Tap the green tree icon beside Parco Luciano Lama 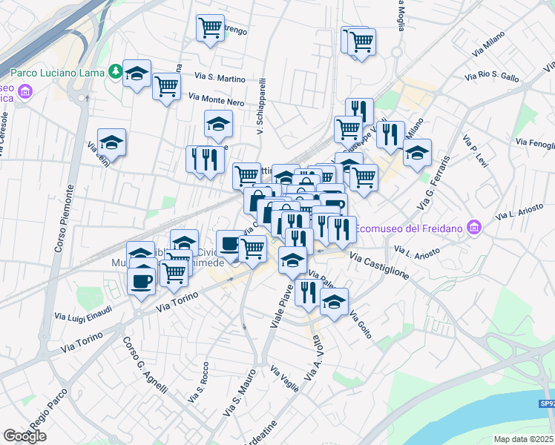coord(116,72)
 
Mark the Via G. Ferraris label coord(434,182)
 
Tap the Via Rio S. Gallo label coord(492,76)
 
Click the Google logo coord(24,435)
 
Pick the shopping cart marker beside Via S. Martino coord(166,87)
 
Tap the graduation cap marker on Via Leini coord(111,142)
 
